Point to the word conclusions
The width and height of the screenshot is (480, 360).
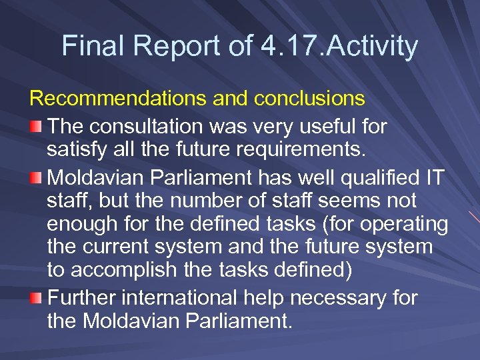309,99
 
